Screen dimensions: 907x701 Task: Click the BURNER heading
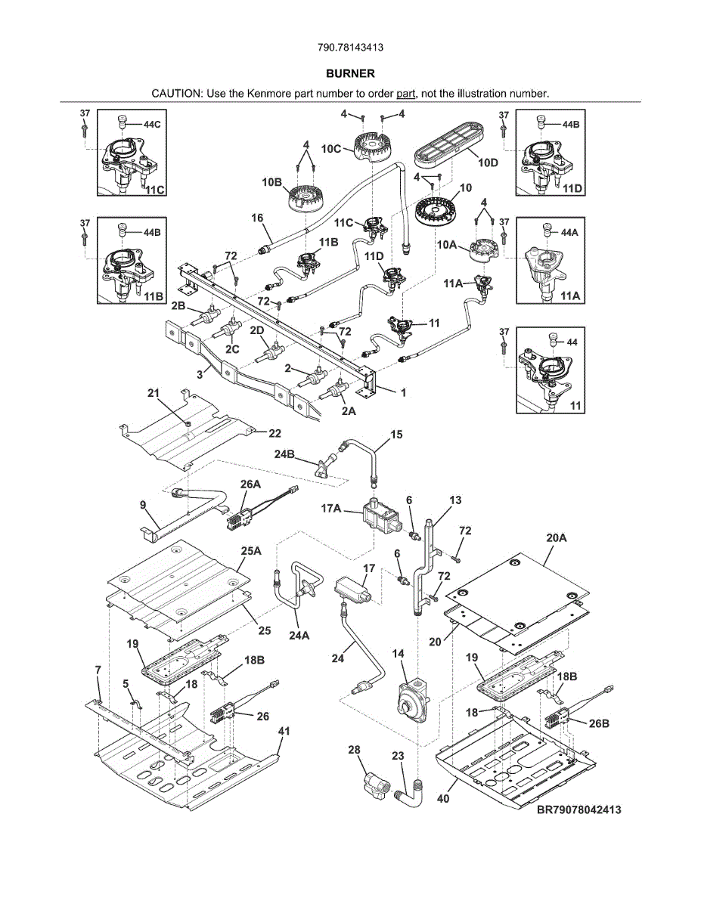[x=350, y=74]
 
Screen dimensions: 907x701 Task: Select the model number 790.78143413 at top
[x=350, y=47]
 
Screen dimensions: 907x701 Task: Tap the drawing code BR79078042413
[x=579, y=810]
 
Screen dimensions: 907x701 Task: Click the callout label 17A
[x=332, y=509]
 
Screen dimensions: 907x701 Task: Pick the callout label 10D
[x=488, y=163]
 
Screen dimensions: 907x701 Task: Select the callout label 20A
[x=556, y=538]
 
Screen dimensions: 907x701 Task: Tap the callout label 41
[x=284, y=732]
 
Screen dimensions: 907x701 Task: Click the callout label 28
[x=354, y=750]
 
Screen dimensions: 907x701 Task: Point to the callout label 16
[x=257, y=218]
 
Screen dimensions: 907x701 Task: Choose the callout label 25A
[x=252, y=552]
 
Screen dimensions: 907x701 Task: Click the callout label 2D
[x=257, y=330]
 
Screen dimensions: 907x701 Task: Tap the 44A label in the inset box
[x=570, y=233]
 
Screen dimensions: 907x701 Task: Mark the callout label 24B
[x=285, y=453]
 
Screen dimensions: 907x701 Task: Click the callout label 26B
[x=599, y=723]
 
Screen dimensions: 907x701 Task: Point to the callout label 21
[x=154, y=393]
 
